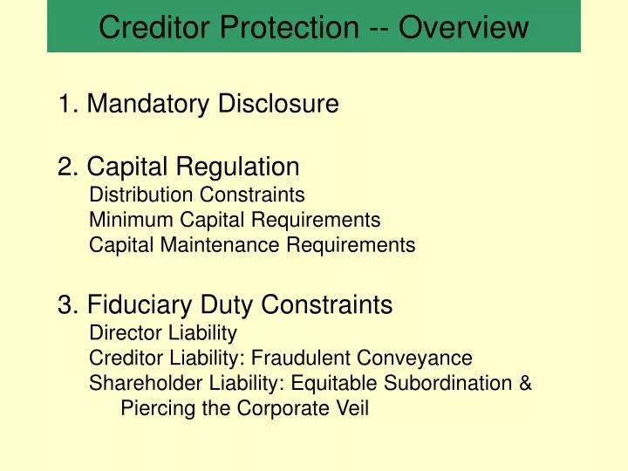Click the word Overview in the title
tap(464, 28)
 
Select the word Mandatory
tap(149, 105)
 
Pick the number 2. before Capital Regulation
tap(69, 166)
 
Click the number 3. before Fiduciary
tap(69, 305)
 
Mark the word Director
tap(122, 332)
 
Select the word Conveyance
tap(419, 358)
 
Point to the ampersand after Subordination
tap(525, 383)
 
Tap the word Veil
tap(352, 408)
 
